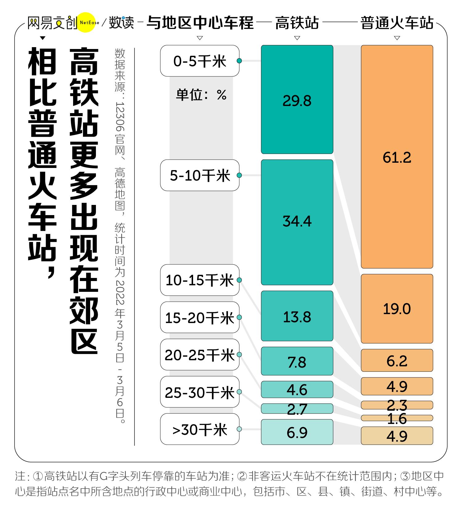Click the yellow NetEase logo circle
click(86, 22)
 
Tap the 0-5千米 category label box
click(200, 61)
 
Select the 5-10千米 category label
click(200, 175)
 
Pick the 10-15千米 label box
click(200, 280)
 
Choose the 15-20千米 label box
click(200, 317)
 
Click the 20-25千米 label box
click(200, 355)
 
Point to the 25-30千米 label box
click(200, 392)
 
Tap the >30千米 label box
click(200, 429)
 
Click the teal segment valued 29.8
click(297, 99)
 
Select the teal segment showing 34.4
click(297, 222)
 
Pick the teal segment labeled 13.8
click(297, 316)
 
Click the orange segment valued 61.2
click(397, 157)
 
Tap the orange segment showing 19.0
click(397, 309)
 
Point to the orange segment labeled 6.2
click(397, 360)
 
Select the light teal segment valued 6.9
click(297, 432)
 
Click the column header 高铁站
click(297, 23)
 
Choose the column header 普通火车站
click(397, 23)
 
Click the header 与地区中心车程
click(200, 23)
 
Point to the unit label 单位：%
click(201, 95)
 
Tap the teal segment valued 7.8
click(297, 361)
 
